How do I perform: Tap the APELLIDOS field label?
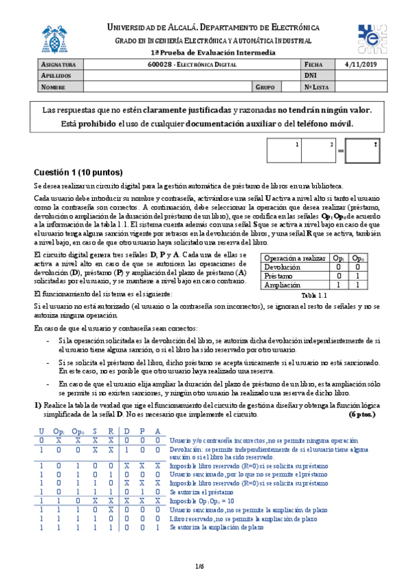[x=57, y=75]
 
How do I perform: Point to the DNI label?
[x=311, y=75]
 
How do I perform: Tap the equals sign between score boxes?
[x=341, y=150]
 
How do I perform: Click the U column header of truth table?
[x=41, y=432]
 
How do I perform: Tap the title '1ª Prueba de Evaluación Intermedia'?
[x=203, y=53]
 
